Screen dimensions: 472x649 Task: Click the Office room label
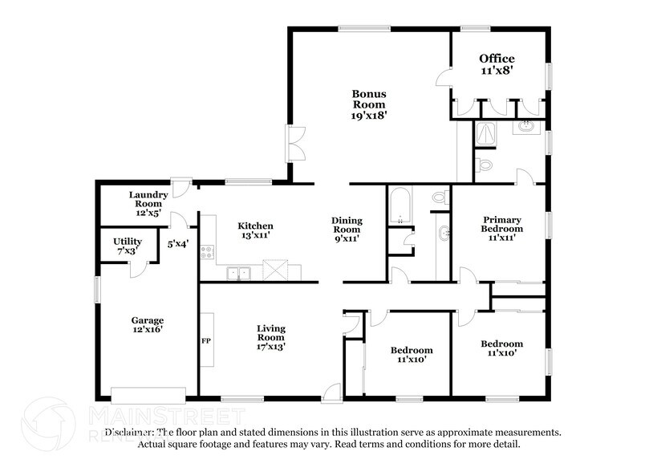pyautogui.click(x=497, y=64)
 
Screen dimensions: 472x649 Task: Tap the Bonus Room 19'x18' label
pyautogui.click(x=369, y=104)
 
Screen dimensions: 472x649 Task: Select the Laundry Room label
pyautogui.click(x=148, y=204)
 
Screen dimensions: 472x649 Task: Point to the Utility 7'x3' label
pyautogui.click(x=128, y=246)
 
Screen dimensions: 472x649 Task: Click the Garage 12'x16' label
pyautogui.click(x=148, y=324)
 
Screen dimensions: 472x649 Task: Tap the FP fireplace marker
pyautogui.click(x=206, y=340)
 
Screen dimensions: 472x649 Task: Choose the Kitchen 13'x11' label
pyautogui.click(x=254, y=231)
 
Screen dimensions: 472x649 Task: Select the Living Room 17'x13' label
pyautogui.click(x=270, y=337)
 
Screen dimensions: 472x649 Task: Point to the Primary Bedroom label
pyautogui.click(x=502, y=228)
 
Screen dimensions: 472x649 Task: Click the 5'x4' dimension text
pyautogui.click(x=177, y=242)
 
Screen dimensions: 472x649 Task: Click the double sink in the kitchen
pyautogui.click(x=237, y=273)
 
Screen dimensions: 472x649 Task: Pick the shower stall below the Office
pyautogui.click(x=485, y=136)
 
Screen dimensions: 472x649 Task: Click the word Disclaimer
pyautogui.click(x=120, y=432)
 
